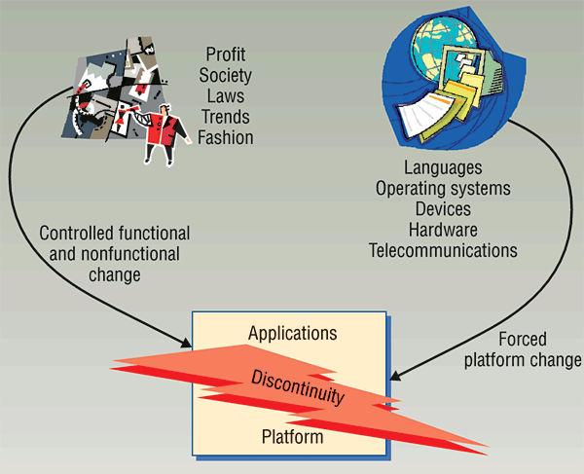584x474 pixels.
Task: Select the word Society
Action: pos(225,75)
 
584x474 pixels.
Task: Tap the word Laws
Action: pos(225,95)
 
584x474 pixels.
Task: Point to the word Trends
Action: pos(225,117)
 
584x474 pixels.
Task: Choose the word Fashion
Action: pos(225,137)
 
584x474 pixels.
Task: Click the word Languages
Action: pos(442,166)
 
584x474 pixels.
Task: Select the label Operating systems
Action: pos(442,188)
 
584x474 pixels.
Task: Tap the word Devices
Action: pos(442,208)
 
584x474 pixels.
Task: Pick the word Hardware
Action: pos(442,230)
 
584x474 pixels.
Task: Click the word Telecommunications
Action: pos(442,250)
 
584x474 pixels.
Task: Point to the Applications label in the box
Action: pos(292,333)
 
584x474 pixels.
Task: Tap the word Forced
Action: pos(523,340)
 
